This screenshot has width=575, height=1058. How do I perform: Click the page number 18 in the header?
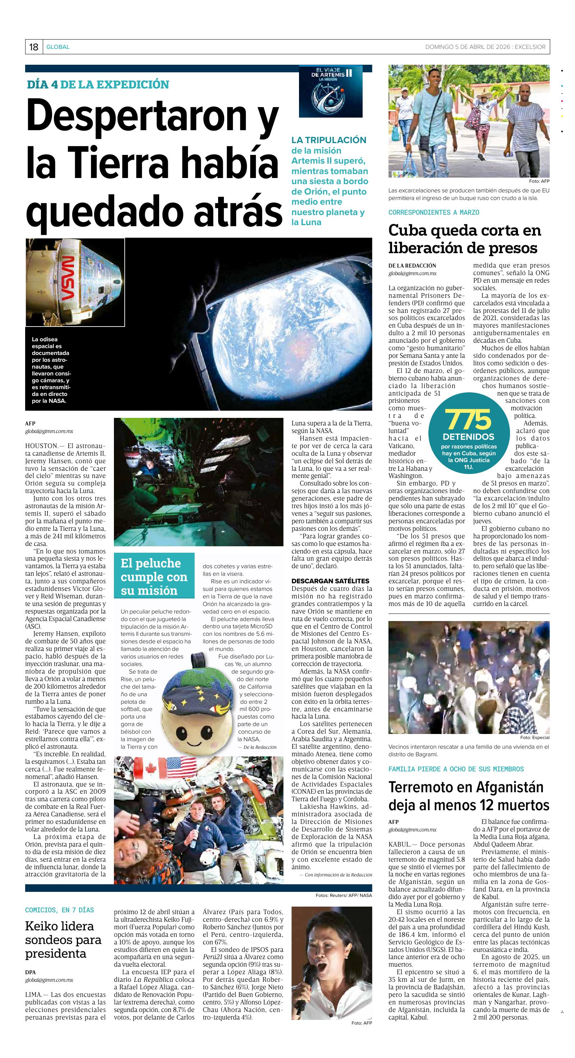34,47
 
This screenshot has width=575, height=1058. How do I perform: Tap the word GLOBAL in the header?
58,47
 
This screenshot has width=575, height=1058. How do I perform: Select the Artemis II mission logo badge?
331,91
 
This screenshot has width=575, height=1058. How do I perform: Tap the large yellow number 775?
468,419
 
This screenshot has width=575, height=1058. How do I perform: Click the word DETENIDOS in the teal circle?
468,437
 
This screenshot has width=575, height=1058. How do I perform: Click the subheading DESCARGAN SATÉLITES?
330,581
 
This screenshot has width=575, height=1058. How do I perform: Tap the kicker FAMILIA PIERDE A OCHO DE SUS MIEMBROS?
456,769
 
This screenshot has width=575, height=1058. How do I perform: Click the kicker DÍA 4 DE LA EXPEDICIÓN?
98,85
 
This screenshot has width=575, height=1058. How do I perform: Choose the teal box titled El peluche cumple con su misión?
154,576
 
